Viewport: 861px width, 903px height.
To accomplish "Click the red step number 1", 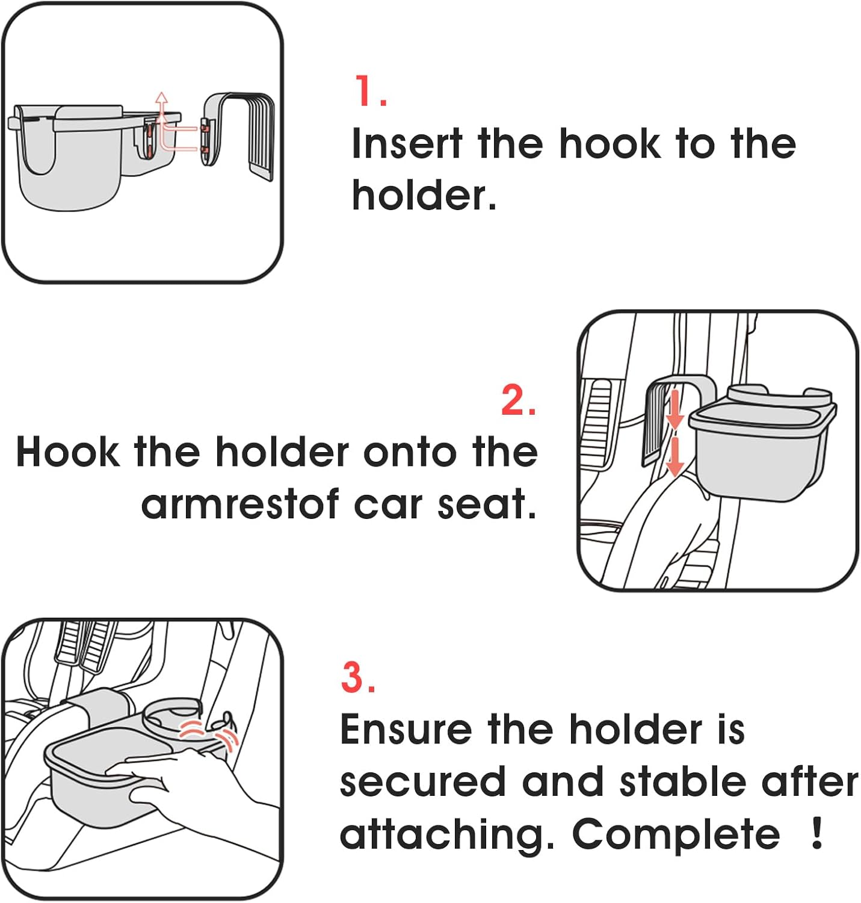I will (368, 92).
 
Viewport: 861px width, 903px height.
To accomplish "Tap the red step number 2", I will (517, 400).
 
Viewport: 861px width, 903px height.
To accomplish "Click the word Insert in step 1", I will (407, 144).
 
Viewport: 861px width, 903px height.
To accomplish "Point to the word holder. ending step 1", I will (424, 196).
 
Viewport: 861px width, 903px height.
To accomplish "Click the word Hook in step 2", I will (67, 451).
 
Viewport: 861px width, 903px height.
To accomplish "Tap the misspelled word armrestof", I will (239, 504).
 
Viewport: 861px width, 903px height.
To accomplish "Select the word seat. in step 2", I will (486, 504).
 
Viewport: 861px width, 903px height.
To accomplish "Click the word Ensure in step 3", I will (406, 729).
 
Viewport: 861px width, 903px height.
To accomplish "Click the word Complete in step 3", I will (675, 834).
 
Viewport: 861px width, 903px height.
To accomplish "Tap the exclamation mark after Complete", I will (816, 833).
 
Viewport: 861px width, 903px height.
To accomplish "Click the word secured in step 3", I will (422, 782).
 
